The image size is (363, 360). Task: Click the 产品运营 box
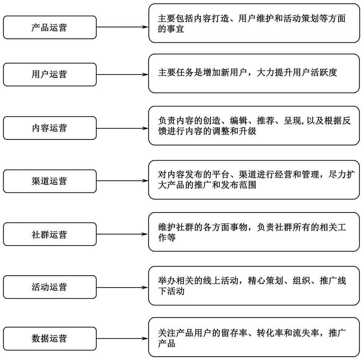[50, 27]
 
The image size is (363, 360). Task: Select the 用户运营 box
[50, 75]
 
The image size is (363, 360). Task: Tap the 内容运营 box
[50, 128]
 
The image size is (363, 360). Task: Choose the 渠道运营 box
[50, 181]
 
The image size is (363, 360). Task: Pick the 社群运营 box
[50, 234]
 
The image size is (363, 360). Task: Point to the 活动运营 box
[50, 287]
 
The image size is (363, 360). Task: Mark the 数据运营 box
[50, 339]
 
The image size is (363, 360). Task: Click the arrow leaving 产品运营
[122, 27]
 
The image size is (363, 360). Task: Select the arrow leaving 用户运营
[122, 75]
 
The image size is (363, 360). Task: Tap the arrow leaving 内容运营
[122, 128]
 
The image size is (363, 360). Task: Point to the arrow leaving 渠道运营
[122, 181]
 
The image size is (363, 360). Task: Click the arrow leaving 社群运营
[122, 234]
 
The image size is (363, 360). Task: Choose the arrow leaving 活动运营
[122, 287]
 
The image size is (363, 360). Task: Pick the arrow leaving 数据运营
[122, 339]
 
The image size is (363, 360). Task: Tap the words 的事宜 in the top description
[171, 29]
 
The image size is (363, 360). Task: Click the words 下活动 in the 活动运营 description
[171, 291]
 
